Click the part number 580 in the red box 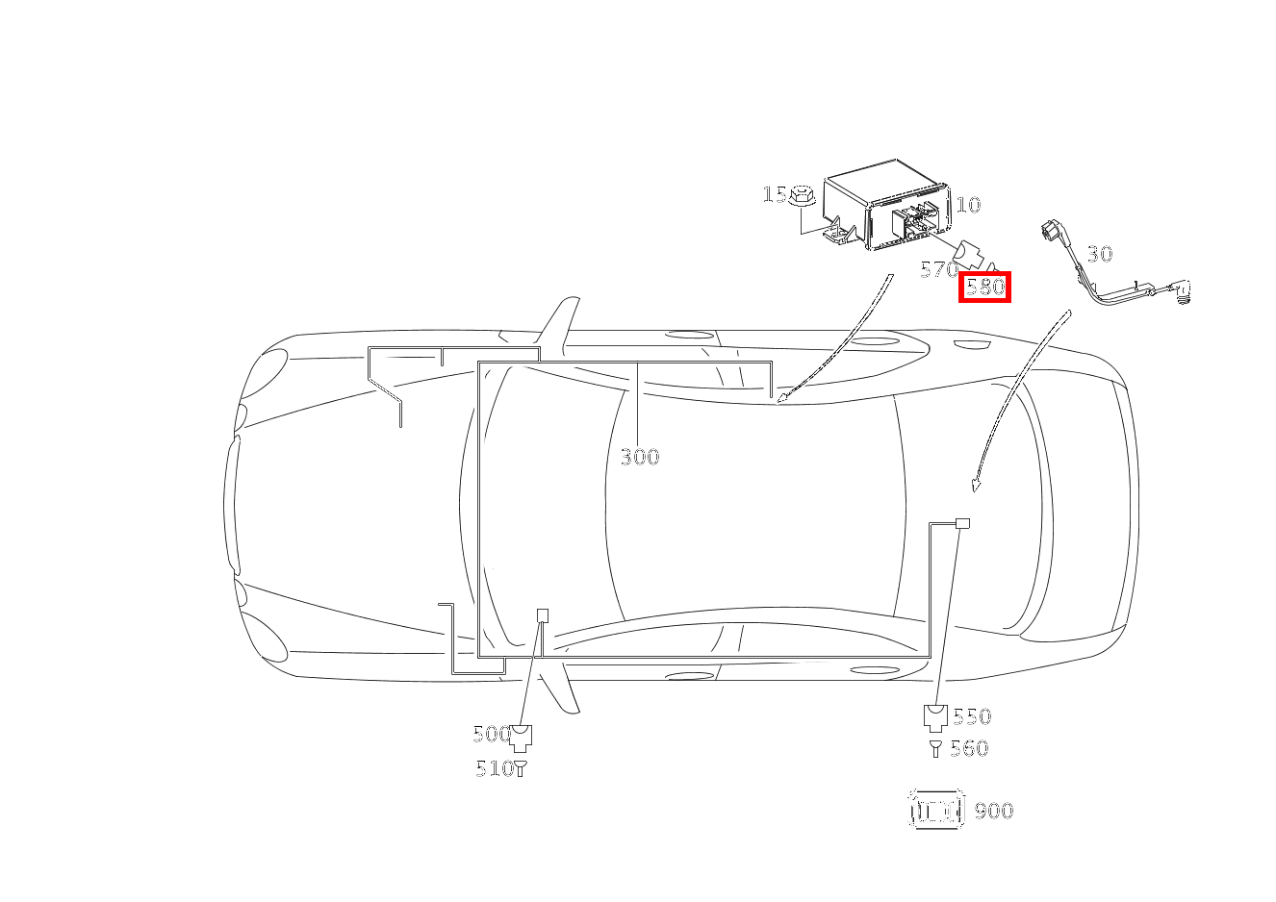(x=985, y=287)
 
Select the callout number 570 (x=939, y=269)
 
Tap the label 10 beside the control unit (x=968, y=205)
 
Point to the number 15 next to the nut (x=774, y=194)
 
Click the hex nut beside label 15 (x=803, y=195)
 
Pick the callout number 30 (x=1099, y=254)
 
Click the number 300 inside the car (x=640, y=457)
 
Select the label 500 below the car (x=492, y=734)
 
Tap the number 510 (x=495, y=769)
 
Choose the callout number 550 (x=972, y=716)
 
